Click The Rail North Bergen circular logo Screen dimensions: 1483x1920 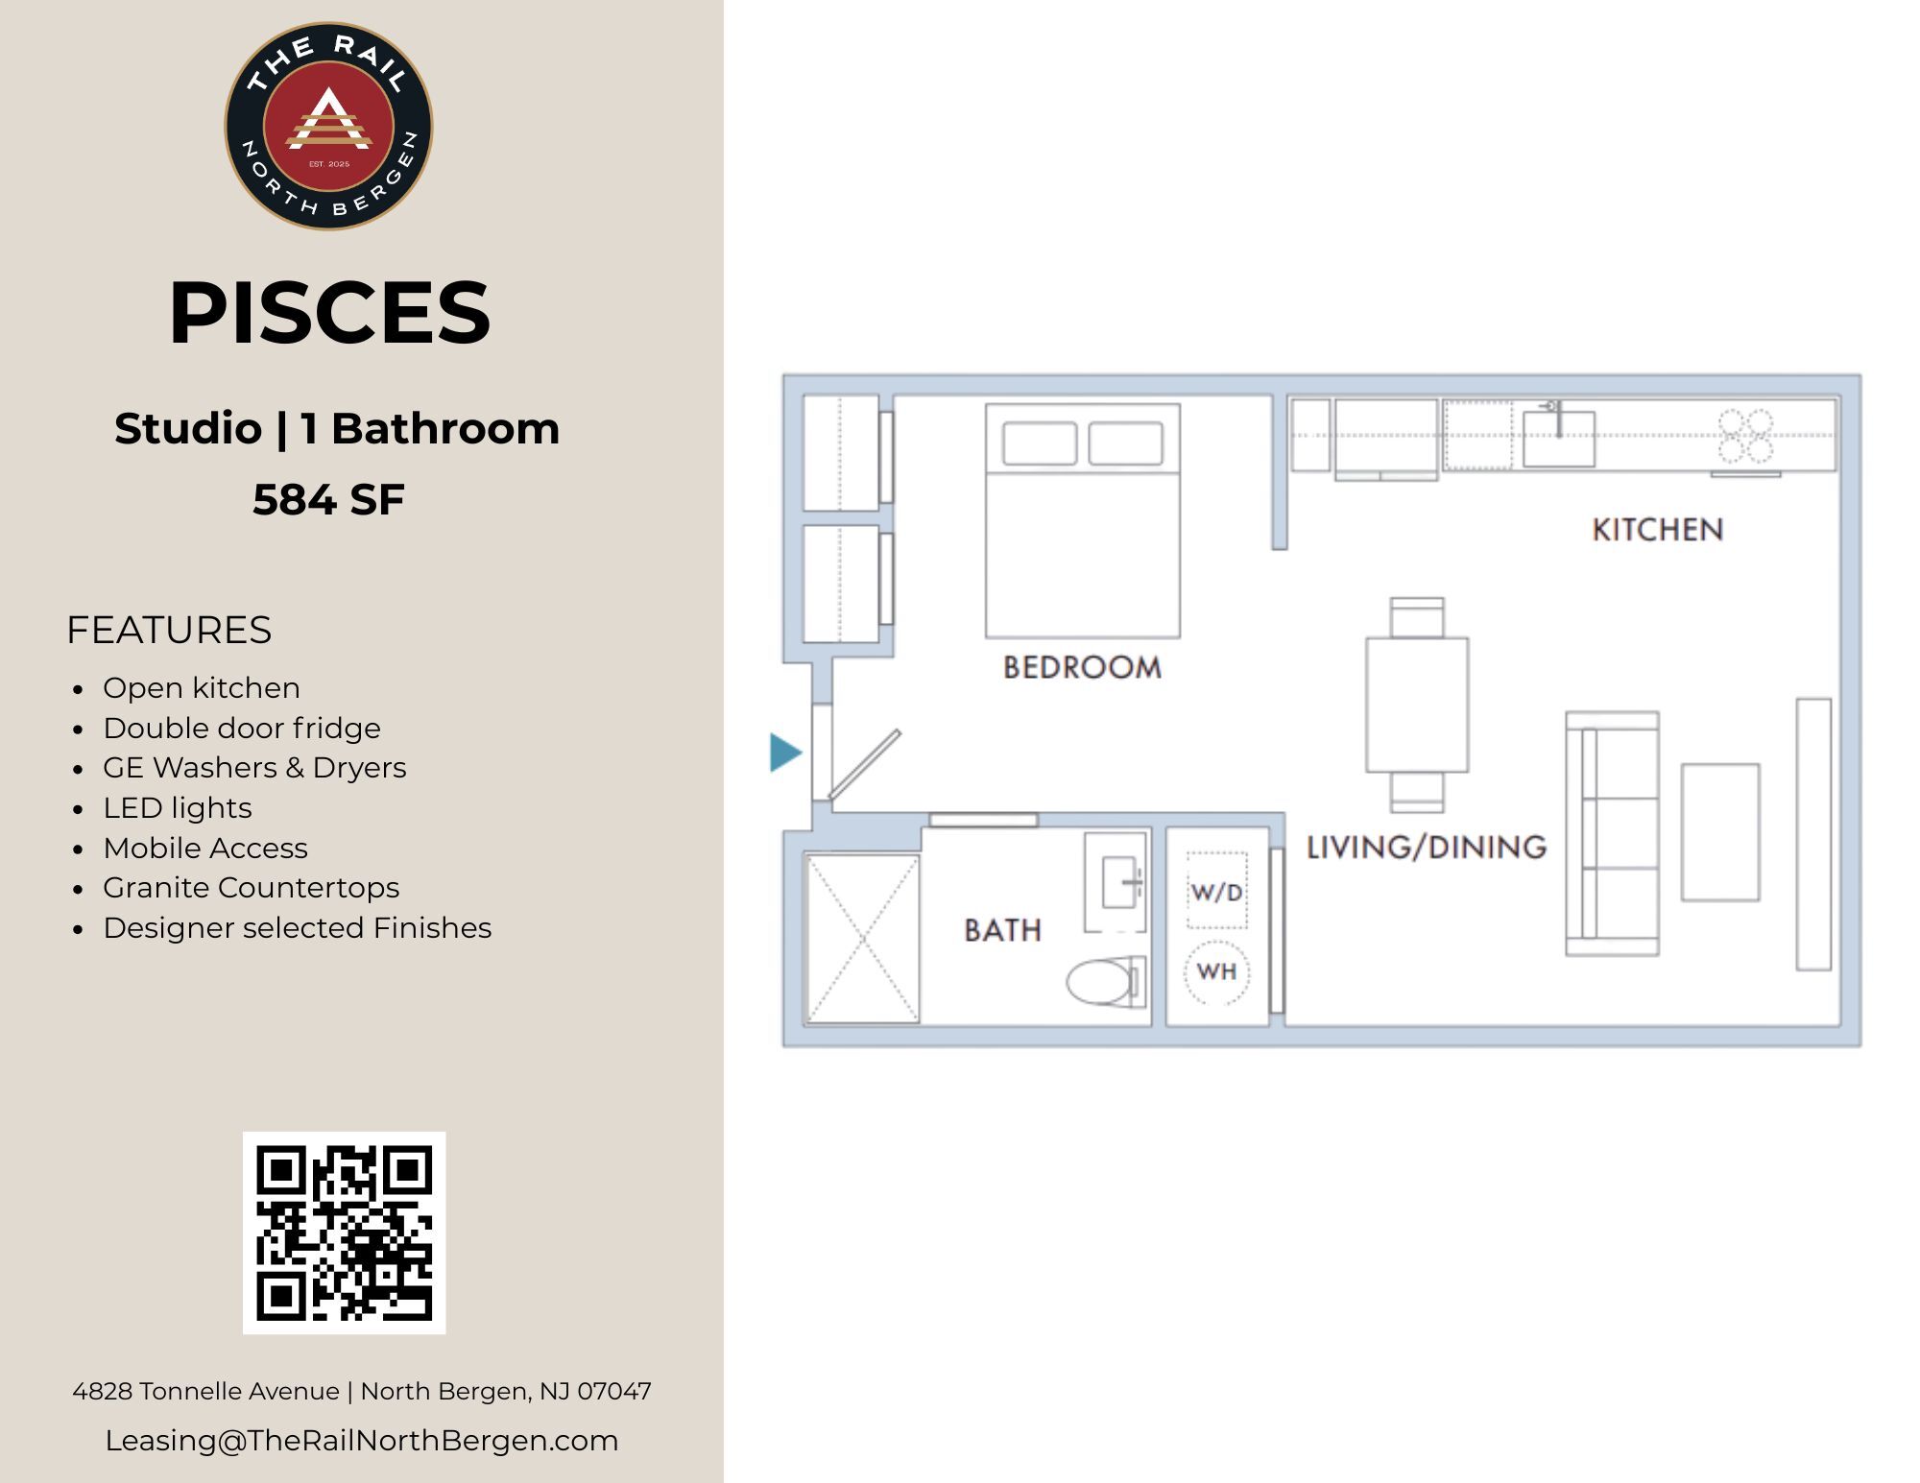[328, 126]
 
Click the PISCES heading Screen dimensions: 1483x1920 [329, 312]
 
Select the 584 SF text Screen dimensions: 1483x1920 [328, 499]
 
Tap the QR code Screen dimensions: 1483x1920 [344, 1232]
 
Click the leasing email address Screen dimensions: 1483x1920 [362, 1440]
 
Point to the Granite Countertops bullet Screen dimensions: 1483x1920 [251, 888]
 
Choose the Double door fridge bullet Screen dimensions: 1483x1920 [241, 728]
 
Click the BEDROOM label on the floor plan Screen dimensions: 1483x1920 [1082, 667]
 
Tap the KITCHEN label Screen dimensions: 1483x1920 [1658, 530]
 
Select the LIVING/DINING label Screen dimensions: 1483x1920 [1427, 847]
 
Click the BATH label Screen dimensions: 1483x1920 [1002, 930]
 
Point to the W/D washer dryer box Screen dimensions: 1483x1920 [1216, 892]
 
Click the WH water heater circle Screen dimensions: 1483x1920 [1216, 971]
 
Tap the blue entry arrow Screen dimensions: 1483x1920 [785, 753]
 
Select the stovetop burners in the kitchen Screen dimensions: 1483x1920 [1745, 436]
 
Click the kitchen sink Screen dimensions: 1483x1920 [1559, 438]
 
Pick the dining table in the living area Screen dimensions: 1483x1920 [1417, 704]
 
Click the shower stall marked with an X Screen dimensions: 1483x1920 [862, 939]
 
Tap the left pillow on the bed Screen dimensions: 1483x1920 [1040, 443]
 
